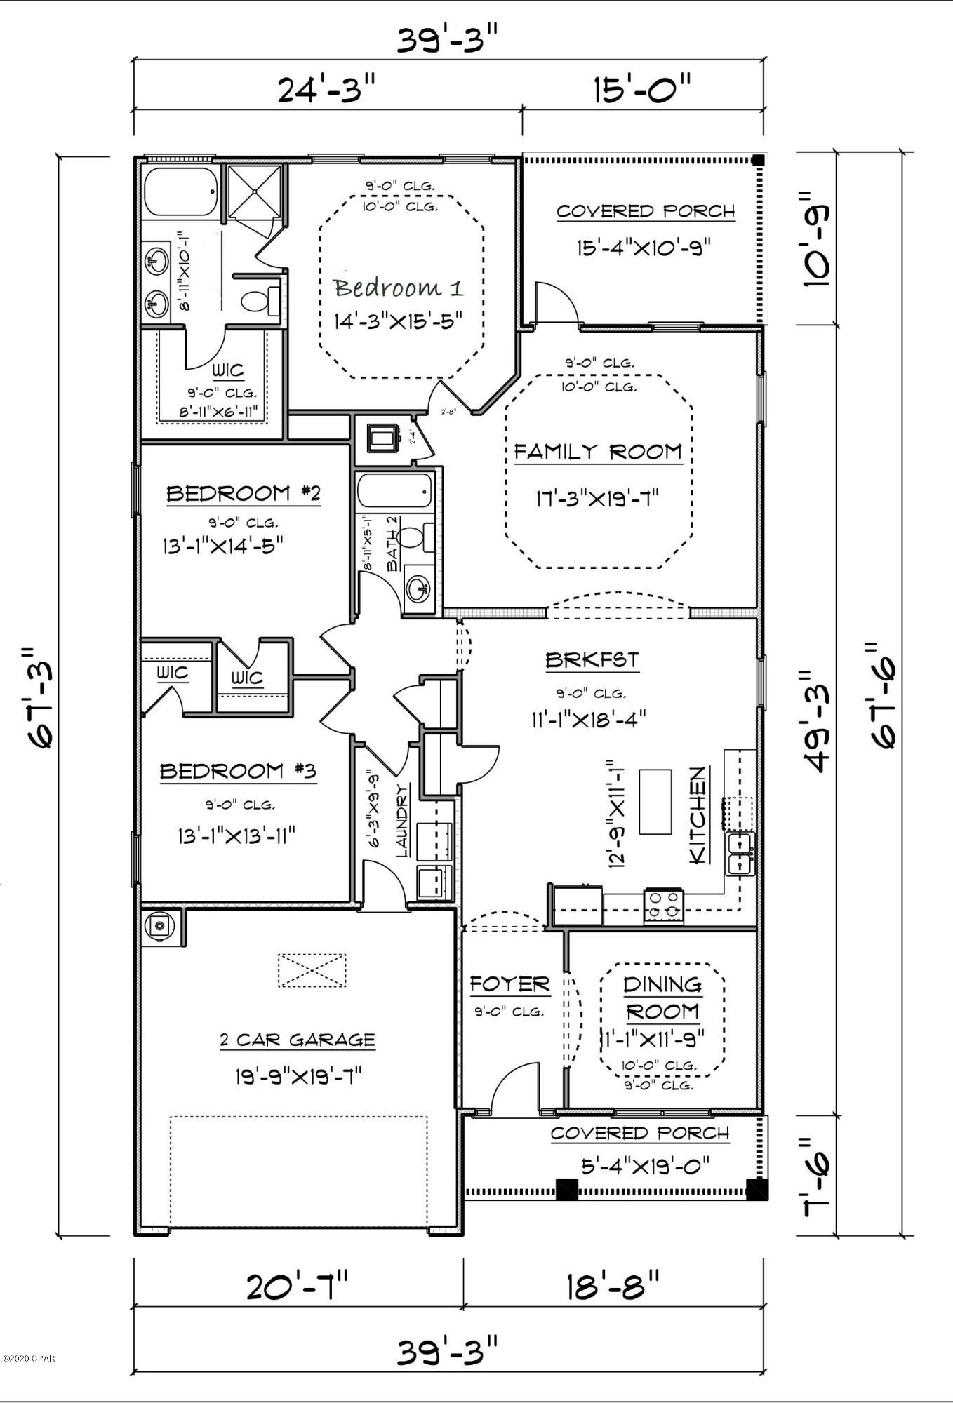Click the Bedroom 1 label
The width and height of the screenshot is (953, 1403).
399,288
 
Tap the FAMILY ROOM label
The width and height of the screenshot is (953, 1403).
598,452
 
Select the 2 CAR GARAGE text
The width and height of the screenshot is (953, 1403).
298,1040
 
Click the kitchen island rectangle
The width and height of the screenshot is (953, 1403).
655,801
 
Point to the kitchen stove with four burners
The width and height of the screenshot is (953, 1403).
664,906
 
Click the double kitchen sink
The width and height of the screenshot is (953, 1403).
741,854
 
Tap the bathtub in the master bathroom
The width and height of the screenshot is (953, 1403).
181,192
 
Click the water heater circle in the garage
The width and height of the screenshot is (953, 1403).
159,927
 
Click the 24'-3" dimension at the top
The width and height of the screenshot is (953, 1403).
327,90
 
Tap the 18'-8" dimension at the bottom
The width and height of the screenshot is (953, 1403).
613,1287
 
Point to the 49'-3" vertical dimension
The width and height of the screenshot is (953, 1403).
817,720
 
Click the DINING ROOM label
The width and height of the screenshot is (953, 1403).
662,998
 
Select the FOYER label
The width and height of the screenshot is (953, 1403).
509,984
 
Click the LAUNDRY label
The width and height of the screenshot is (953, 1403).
403,821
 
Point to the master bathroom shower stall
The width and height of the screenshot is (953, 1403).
254,189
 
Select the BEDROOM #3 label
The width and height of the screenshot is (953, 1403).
239,772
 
